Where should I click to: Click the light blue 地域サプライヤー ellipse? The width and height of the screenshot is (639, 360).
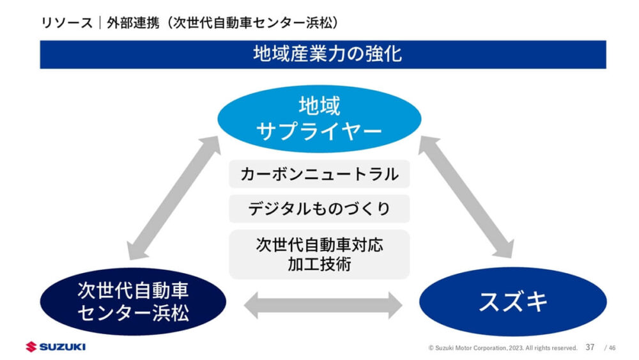coord(319,118)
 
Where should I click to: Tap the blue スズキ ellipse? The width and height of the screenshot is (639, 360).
coord(512,301)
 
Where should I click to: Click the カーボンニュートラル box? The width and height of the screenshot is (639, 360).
coord(319,174)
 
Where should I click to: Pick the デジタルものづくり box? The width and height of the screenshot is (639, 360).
coord(319,209)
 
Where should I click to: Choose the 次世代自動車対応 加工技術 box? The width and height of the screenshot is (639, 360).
coord(319,254)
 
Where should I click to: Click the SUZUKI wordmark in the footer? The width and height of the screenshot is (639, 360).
coord(62,347)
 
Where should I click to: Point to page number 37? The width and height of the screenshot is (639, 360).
coord(590,347)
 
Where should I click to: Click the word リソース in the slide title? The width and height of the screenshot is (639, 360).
coord(61,22)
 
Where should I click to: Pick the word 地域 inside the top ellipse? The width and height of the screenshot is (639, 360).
coord(319,104)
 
